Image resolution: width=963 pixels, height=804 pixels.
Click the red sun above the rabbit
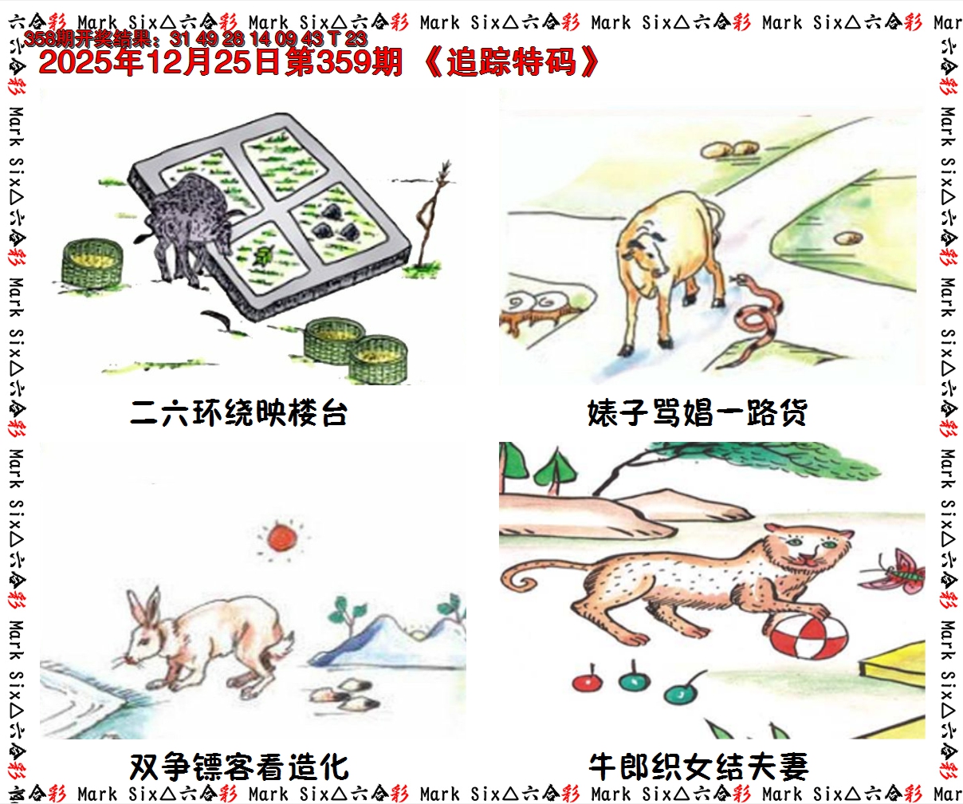tap(282, 538)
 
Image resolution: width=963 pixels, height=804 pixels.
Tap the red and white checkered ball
tap(808, 640)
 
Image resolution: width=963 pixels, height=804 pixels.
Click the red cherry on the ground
tap(587, 683)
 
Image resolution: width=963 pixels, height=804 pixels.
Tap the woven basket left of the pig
tap(92, 263)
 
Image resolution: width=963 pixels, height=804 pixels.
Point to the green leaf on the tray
tap(262, 256)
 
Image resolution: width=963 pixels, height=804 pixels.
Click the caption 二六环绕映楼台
tap(239, 413)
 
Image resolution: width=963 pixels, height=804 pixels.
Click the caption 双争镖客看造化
tap(239, 767)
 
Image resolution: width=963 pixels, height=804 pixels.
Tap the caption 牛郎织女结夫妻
tap(698, 767)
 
